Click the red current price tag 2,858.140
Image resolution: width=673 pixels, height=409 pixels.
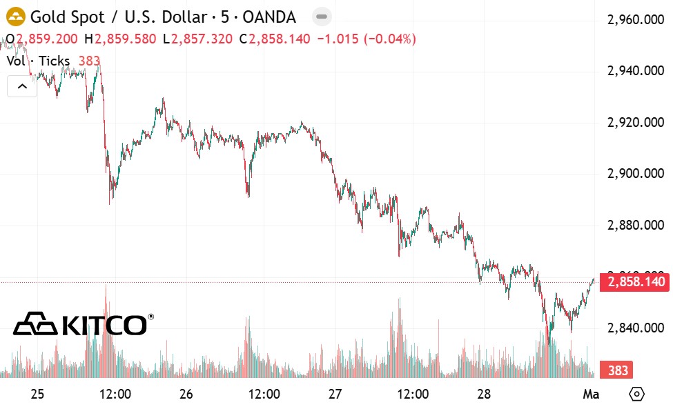coord(635,282)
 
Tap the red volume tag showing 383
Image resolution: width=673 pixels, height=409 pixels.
coord(618,370)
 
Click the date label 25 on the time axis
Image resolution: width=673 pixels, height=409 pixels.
coord(37,395)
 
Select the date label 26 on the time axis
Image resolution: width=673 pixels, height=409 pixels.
coord(186,395)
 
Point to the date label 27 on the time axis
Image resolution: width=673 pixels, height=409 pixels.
coord(335,395)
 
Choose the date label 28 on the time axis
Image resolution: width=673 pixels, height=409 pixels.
coord(484,395)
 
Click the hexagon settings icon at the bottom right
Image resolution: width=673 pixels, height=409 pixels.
coord(636,395)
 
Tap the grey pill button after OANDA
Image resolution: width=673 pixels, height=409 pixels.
coord(320,17)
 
